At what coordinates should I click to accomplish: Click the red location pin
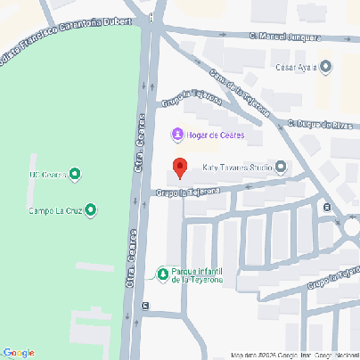pos(178,168)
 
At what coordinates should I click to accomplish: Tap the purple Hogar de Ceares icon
pos(176,135)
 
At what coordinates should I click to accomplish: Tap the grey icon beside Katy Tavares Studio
pos(281,167)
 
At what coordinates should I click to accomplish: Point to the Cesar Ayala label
pos(297,66)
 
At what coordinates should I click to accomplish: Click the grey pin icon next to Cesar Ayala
pos(325,66)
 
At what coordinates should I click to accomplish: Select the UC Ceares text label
pos(48,175)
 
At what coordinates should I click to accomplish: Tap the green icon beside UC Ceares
pos(75,175)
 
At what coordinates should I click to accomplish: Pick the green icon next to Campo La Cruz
pos(90,210)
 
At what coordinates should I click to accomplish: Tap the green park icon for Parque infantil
pos(162,274)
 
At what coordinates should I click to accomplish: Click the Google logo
pos(18,352)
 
